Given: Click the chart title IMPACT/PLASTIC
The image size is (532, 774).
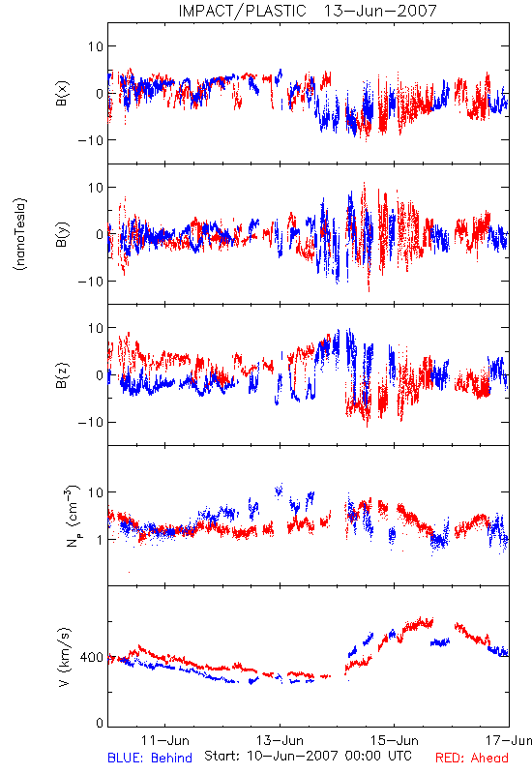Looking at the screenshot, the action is tap(243, 11).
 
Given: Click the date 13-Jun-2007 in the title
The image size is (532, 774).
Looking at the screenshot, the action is tap(380, 11).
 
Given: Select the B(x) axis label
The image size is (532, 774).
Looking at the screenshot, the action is tap(62, 93).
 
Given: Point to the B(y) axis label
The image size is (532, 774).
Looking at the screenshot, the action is tap(62, 234).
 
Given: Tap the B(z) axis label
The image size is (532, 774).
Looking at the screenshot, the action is tap(62, 375).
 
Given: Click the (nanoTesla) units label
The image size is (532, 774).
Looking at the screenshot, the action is tap(20, 234).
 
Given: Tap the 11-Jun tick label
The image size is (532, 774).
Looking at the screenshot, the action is tap(164, 740).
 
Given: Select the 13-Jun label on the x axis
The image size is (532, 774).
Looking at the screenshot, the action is tap(280, 740).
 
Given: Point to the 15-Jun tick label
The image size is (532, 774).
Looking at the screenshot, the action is tap(395, 740).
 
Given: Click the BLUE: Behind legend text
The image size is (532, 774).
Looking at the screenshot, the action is tap(150, 758).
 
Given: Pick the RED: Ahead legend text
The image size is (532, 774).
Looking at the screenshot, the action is tap(472, 758).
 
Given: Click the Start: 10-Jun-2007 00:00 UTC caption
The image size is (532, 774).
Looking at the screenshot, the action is tap(308, 756).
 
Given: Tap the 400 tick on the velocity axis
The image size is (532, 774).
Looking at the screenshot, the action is tap(92, 658).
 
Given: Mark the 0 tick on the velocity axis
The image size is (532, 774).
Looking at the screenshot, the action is tap(100, 724).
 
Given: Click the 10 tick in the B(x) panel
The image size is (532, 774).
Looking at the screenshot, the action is tap(96, 46).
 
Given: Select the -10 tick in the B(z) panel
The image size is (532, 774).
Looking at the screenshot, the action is tap(91, 423).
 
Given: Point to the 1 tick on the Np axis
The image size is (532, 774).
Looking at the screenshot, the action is tap(100, 540).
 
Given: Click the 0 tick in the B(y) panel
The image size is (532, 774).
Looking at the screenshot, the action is tap(100, 234).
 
